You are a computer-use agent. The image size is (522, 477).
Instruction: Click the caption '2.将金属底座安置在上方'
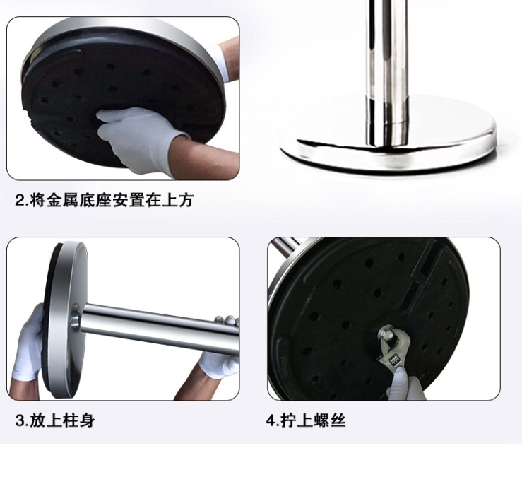(x=105, y=201)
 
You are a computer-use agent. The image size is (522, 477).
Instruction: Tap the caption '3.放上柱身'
(x=55, y=420)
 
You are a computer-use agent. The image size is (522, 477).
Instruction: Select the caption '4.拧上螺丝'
(x=306, y=420)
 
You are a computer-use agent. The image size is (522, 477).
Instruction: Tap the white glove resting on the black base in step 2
(x=139, y=136)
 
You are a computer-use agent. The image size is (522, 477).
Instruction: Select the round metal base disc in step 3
(x=66, y=320)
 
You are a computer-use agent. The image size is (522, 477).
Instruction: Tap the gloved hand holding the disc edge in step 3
(x=29, y=343)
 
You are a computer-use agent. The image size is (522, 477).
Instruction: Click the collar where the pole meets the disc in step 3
(x=76, y=320)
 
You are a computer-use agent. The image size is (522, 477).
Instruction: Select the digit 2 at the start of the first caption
(x=20, y=201)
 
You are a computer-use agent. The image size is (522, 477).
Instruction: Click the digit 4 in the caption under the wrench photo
(x=271, y=420)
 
